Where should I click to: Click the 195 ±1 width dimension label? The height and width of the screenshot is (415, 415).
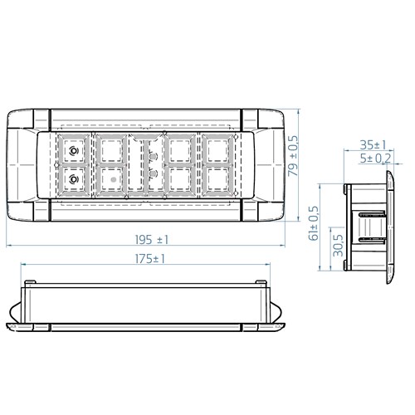tap(150, 239)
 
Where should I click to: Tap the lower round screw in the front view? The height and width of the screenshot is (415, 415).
tap(75, 178)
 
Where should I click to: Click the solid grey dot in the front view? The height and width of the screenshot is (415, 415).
tap(111, 178)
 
